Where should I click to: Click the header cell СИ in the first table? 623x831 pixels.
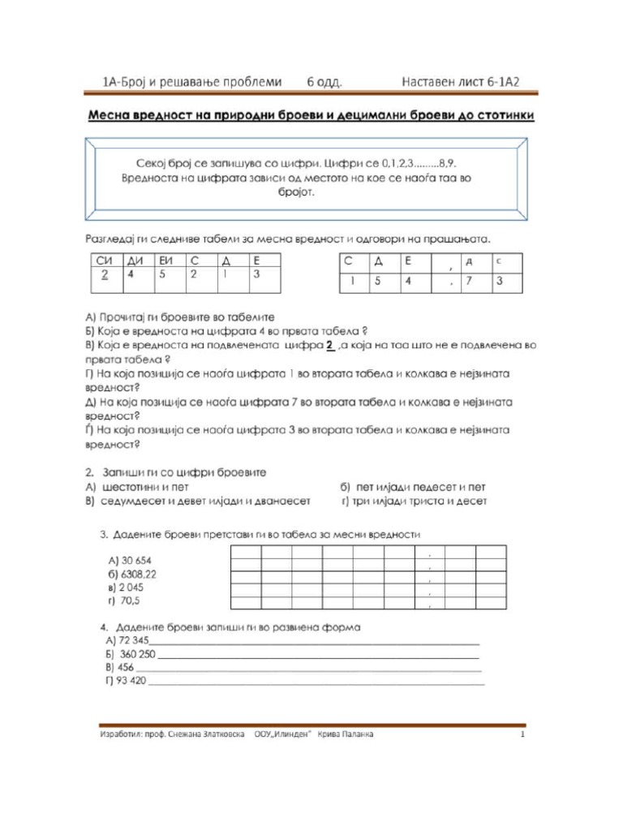[x=104, y=260]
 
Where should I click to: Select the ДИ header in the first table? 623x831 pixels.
[x=135, y=260]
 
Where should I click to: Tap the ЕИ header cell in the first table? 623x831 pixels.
[x=168, y=260]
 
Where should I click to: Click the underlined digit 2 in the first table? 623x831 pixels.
[x=104, y=275]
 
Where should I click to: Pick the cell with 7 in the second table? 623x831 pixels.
[x=469, y=281]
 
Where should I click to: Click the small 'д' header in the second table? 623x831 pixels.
[x=468, y=261]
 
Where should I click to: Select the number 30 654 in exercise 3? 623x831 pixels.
[x=129, y=561]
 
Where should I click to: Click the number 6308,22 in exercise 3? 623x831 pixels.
[x=132, y=575]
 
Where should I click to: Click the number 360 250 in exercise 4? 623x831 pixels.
[x=137, y=654]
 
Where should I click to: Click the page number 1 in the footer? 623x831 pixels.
[x=523, y=735]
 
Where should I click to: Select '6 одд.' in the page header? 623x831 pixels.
[x=324, y=82]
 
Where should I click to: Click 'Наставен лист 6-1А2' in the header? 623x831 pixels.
[x=460, y=82]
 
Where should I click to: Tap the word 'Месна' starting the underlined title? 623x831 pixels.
[x=109, y=115]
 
